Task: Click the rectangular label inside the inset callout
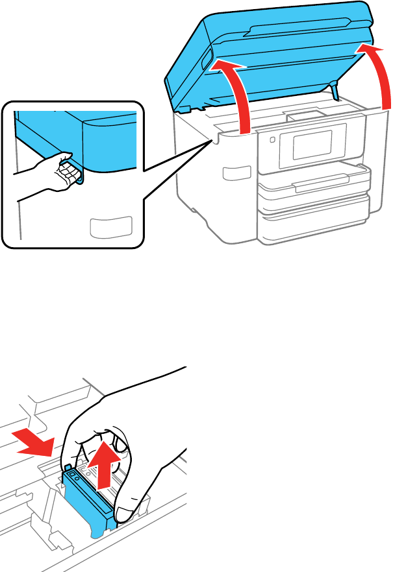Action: click(x=110, y=226)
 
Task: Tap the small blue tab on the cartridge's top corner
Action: click(x=67, y=468)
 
